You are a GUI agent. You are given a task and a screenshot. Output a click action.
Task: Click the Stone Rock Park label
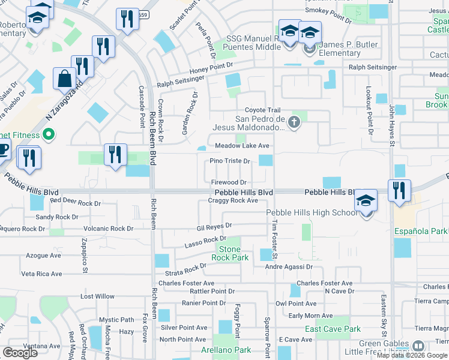click(229, 253)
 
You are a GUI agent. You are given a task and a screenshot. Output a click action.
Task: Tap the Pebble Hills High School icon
click(366, 203)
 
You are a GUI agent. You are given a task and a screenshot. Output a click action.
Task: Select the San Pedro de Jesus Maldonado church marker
click(294, 123)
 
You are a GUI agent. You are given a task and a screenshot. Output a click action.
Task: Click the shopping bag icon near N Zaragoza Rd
click(65, 79)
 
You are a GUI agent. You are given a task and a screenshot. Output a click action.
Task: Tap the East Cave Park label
click(333, 329)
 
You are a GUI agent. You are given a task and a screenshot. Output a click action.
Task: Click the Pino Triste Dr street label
click(229, 161)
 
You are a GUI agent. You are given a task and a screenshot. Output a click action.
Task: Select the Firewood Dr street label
click(229, 182)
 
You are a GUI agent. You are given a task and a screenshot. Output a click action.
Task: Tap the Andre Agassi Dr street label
click(289, 266)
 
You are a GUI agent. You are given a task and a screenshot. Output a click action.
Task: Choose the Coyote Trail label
click(262, 110)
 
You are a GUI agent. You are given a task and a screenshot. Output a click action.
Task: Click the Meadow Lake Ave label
click(242, 146)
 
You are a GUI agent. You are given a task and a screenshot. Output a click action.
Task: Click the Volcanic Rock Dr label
click(109, 229)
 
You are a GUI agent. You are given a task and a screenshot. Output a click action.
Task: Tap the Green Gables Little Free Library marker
click(418, 346)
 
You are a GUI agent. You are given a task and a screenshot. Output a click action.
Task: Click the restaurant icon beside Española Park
click(399, 191)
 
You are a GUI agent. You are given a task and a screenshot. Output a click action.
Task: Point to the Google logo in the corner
click(20, 352)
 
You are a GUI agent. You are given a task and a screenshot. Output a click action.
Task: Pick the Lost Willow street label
click(97, 296)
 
